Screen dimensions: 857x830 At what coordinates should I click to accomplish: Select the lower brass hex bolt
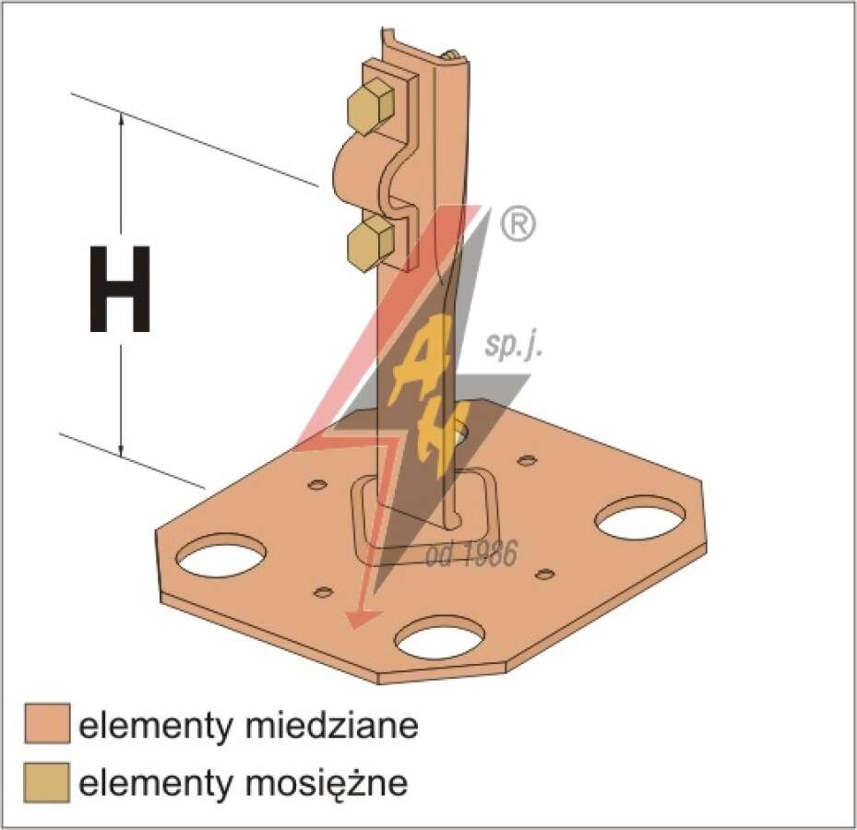(x=371, y=243)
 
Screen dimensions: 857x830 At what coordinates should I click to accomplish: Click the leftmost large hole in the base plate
(x=220, y=556)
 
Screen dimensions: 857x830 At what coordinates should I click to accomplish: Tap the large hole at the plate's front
(x=440, y=638)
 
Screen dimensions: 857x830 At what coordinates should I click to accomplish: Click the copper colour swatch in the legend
(x=48, y=723)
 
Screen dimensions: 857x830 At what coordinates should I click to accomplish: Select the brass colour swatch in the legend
(x=48, y=782)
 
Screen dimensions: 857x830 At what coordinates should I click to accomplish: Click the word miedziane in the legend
(x=331, y=726)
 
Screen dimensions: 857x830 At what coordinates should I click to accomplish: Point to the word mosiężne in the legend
(x=326, y=784)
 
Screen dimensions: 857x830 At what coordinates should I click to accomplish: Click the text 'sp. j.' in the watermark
(x=514, y=348)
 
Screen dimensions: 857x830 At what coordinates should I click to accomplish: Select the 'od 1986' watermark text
(x=471, y=553)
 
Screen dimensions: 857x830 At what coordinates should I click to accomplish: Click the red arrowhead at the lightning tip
(x=361, y=618)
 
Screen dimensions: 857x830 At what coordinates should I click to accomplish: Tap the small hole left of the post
(x=317, y=484)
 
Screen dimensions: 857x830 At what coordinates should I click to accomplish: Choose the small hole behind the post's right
(x=527, y=460)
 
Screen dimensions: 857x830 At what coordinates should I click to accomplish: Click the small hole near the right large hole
(x=544, y=574)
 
